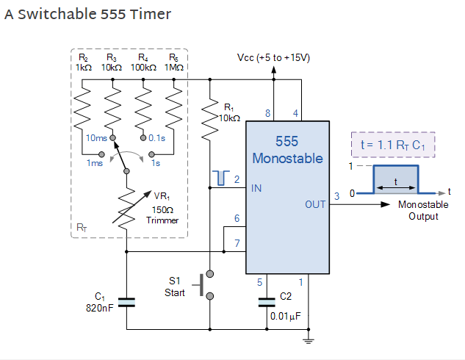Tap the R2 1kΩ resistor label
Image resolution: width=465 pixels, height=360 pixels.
tap(82, 62)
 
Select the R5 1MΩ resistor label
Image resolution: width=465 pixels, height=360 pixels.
tap(174, 62)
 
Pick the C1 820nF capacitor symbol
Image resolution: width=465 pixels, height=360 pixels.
tap(127, 301)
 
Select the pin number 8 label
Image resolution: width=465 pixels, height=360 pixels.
tap(267, 113)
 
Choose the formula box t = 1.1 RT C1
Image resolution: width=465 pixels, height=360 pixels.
tap(394, 145)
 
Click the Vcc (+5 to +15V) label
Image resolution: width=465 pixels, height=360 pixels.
tap(273, 57)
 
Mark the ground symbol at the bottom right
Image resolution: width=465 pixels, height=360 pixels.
tap(309, 338)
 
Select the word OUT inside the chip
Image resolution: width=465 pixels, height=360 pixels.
tap(315, 204)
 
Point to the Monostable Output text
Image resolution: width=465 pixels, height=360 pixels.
tap(423, 210)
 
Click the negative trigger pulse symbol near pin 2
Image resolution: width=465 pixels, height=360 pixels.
tap(215, 177)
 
